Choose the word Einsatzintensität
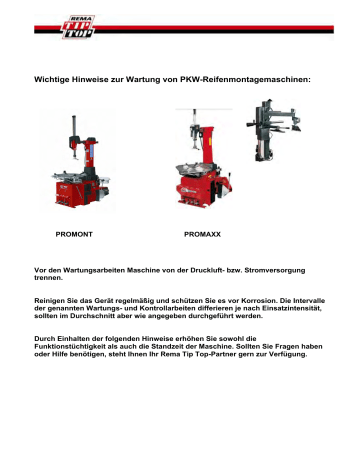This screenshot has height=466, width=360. click(x=289, y=308)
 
